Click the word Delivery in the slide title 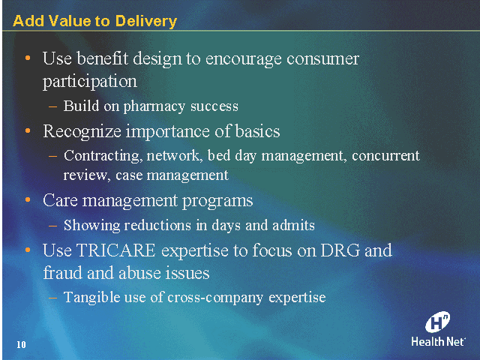coord(146,22)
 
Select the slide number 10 coord(21,345)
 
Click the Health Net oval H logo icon coord(438,322)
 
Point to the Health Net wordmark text coord(438,342)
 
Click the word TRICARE coord(116,250)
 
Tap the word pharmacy coord(154,106)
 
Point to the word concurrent coord(385,155)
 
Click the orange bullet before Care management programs coord(28,200)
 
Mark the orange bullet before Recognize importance coord(28,130)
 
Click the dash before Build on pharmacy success coord(53,106)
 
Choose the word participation coord(90,82)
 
